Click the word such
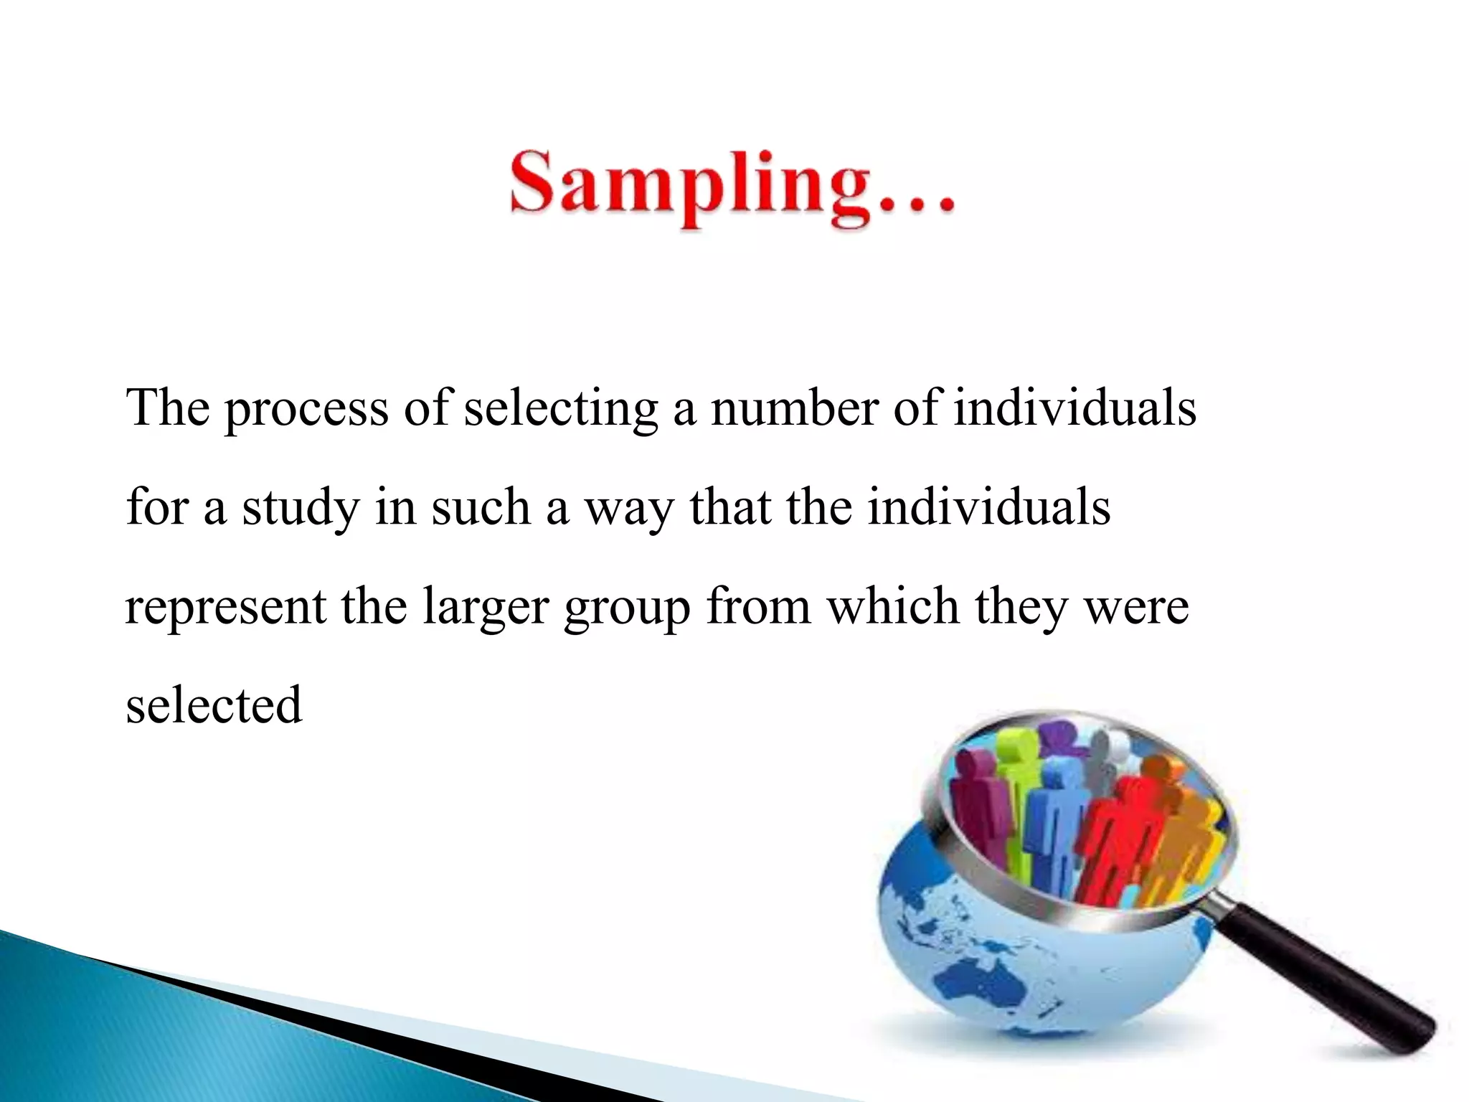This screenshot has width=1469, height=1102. [x=481, y=508]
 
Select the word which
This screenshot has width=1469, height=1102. [x=893, y=606]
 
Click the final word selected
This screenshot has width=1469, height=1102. [x=214, y=705]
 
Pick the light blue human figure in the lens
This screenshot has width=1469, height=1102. [x=1052, y=825]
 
